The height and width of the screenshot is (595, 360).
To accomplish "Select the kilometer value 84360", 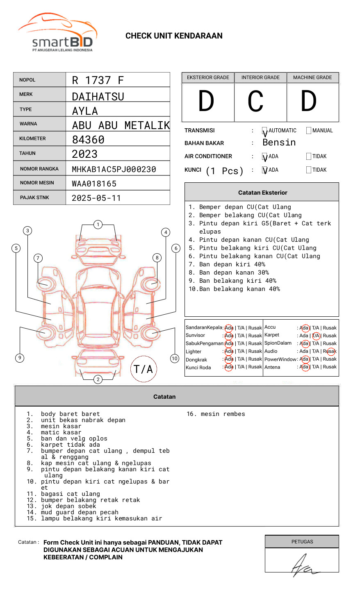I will coord(88,140).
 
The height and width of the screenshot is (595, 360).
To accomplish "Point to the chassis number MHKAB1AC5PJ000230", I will coord(114,169).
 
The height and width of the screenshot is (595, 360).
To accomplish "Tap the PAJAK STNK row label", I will coord(34,198).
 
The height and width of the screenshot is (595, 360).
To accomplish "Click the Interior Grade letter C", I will coord(255,102).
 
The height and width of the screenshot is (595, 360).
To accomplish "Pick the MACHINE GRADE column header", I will coord(312,77).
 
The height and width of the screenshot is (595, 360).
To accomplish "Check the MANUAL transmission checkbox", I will coord(309,131).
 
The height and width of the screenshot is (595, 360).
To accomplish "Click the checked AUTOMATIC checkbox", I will coord(265,131).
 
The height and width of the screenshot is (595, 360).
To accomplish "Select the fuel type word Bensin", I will coord(279,143).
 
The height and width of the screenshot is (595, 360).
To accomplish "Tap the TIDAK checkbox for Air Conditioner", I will coord(309,157).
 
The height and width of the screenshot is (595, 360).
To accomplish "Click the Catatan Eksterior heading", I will coord(262,193).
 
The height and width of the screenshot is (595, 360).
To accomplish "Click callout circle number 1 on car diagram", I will coord(98,225).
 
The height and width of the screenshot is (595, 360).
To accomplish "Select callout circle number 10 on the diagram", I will coord(175,359).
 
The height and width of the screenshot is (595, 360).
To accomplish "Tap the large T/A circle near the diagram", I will coord(144,369).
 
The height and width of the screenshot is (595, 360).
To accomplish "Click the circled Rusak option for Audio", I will coord(330,351).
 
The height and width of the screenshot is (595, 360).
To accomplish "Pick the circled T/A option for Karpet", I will coord(316,336).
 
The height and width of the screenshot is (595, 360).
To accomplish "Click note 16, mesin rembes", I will coord(216,414).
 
